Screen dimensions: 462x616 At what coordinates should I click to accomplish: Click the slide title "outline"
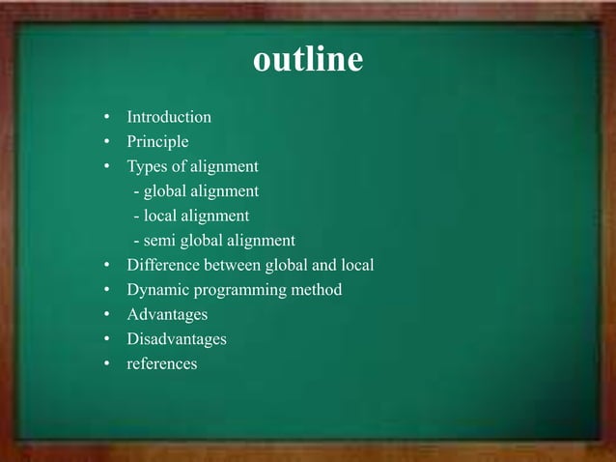click(308, 60)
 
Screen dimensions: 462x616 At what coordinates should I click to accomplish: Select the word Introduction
click(169, 117)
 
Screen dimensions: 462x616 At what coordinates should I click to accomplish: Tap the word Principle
click(157, 142)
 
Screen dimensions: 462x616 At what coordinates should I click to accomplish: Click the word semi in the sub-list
click(159, 241)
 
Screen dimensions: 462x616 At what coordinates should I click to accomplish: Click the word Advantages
click(167, 314)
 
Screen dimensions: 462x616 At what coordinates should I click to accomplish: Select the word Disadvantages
click(177, 339)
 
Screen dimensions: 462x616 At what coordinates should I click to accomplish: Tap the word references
click(162, 364)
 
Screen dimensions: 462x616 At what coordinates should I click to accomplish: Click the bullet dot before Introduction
click(108, 118)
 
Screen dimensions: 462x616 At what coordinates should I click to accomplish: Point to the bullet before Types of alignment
click(108, 167)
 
